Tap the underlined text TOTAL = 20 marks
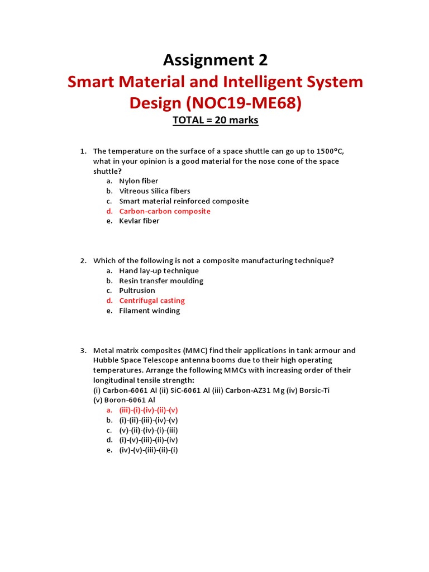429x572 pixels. point(215,120)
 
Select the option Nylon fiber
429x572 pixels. point(139,181)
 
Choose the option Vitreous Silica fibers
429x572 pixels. point(155,191)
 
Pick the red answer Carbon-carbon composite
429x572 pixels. point(165,211)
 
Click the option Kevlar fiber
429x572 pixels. point(139,221)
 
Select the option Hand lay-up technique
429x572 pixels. point(159,271)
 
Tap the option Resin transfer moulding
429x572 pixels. point(161,281)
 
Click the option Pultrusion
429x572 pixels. point(137,290)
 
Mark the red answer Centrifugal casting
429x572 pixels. point(152,301)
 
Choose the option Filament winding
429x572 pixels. point(149,311)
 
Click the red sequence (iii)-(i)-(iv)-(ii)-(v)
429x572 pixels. point(149,410)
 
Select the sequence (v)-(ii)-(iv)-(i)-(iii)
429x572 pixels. point(149,430)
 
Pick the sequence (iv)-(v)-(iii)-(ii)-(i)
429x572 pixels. point(149,450)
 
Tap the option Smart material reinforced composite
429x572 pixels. point(184,201)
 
